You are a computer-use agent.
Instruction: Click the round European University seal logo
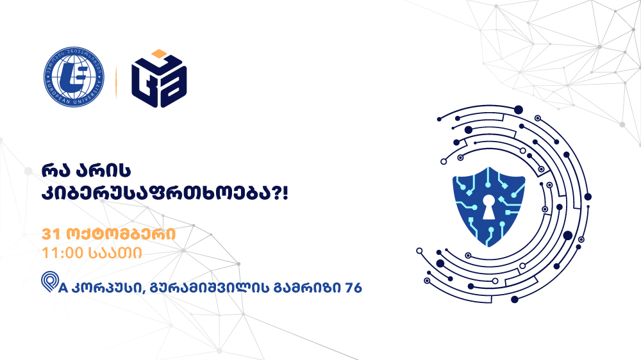click(x=74, y=77)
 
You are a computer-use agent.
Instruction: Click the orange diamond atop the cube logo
click(x=160, y=54)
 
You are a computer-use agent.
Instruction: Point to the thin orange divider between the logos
click(x=116, y=82)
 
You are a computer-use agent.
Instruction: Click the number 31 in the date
click(x=51, y=234)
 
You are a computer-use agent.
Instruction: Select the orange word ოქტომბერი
click(x=121, y=234)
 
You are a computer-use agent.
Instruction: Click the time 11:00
click(x=62, y=253)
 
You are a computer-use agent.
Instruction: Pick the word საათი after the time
click(x=115, y=253)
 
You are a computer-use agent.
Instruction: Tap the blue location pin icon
click(x=49, y=282)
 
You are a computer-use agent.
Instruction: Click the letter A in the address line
click(x=63, y=288)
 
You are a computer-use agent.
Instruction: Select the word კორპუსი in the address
click(x=108, y=288)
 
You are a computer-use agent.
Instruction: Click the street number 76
click(x=354, y=288)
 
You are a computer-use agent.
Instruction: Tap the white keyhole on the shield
click(x=488, y=207)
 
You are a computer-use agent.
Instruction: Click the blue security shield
click(x=489, y=206)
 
